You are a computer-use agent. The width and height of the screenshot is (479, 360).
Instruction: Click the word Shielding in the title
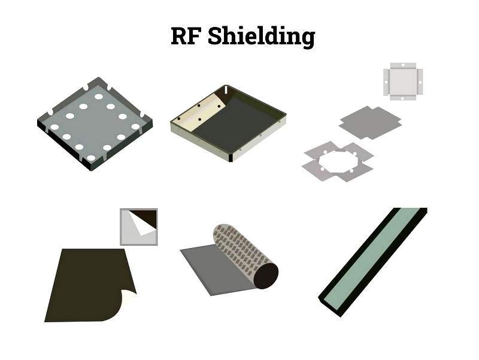click(261, 37)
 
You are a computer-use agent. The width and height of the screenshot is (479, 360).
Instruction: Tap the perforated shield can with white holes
click(95, 124)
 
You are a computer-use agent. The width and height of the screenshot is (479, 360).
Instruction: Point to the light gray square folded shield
click(403, 81)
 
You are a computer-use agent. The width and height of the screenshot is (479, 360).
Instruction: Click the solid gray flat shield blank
click(370, 123)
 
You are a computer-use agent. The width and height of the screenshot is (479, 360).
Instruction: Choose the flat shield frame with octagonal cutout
click(338, 161)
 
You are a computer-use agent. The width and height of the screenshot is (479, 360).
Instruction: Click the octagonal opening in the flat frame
click(338, 161)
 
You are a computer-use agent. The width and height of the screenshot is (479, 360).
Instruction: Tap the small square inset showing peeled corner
click(139, 227)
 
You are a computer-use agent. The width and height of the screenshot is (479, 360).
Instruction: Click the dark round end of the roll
click(266, 276)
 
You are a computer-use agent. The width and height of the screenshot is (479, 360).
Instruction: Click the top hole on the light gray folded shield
click(403, 65)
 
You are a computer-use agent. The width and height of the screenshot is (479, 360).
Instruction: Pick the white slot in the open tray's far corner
click(226, 90)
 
